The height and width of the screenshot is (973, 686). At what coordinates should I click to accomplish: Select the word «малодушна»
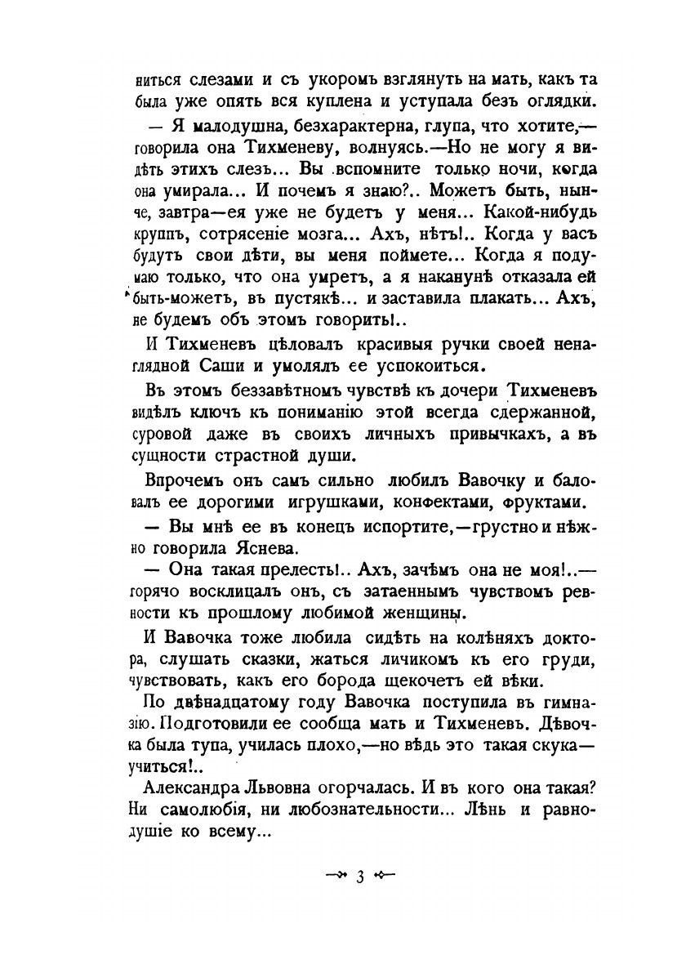coord(234,129)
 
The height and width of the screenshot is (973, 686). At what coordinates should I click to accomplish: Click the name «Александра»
coord(195,788)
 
